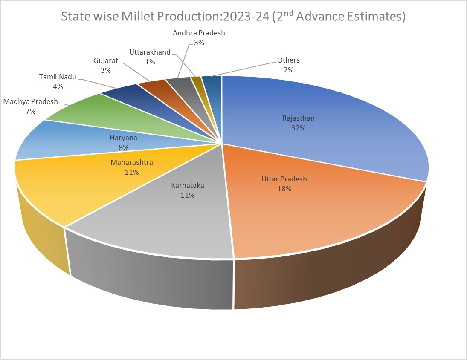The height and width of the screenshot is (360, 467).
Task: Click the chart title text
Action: point(233,17)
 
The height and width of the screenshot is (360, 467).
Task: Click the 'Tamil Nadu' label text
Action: point(58,77)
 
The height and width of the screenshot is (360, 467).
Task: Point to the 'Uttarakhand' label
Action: point(150,52)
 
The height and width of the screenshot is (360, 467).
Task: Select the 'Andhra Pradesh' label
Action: point(199,33)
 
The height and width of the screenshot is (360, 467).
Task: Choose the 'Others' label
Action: point(288,60)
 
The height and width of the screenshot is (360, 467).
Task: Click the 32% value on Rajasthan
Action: point(299,128)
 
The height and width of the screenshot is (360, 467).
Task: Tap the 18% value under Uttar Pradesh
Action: point(284,189)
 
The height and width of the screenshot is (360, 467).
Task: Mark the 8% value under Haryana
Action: point(124,148)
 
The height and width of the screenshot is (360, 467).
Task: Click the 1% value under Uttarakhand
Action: point(150,62)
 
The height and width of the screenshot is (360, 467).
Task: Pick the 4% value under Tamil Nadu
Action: point(58,86)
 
